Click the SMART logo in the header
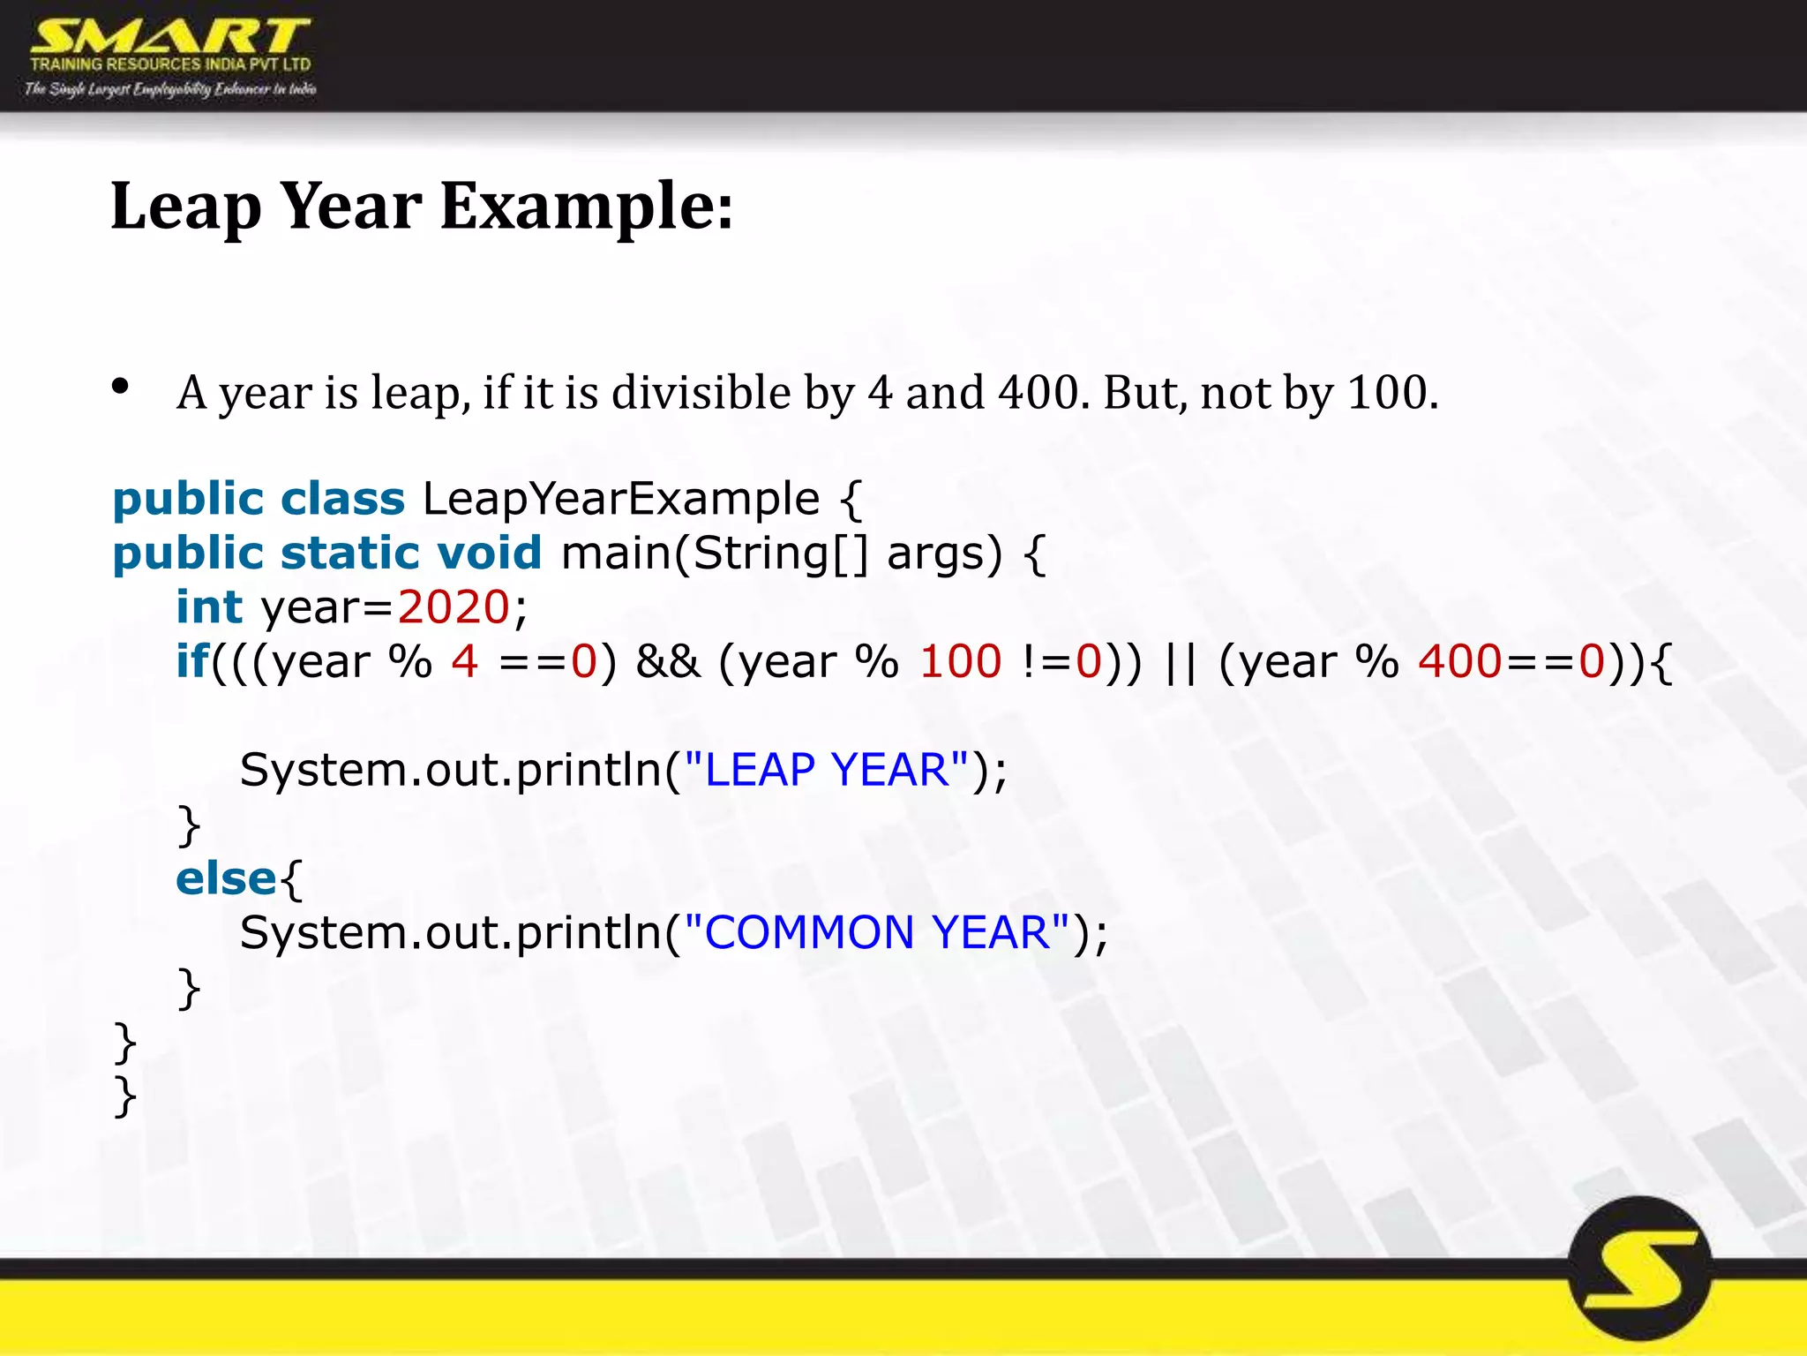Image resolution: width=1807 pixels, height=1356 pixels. pos(169,40)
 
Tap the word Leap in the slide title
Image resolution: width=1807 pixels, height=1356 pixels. pos(185,207)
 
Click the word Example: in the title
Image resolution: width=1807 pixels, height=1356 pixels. pos(586,207)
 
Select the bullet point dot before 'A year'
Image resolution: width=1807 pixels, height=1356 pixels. pos(121,386)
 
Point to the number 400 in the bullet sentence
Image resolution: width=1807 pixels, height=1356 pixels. pos(1038,392)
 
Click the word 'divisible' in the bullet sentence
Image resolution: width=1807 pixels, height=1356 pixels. pos(701,392)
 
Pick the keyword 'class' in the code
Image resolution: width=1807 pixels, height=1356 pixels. pos(342,499)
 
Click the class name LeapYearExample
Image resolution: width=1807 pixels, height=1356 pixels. pos(621,500)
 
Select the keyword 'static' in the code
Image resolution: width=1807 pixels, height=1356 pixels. pos(349,554)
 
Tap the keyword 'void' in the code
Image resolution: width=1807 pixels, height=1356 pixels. pos(489,554)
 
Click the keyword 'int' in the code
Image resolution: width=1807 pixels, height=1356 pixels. pos(208,607)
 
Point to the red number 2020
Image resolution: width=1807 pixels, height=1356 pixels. pos(454,607)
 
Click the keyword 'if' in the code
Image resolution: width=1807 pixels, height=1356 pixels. pos(192,661)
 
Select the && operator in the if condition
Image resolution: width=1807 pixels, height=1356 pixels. pos(668,662)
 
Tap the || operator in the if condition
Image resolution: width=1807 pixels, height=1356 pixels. pos(1180,662)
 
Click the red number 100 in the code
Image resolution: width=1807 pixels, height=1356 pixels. pos(960,662)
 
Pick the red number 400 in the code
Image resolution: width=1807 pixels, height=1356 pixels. pos(1459,662)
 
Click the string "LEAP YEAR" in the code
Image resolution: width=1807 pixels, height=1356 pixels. pos(826,770)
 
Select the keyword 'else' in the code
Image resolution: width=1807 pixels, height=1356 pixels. pos(226,878)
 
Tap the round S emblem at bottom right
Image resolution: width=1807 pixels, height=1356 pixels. pos(1640,1269)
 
